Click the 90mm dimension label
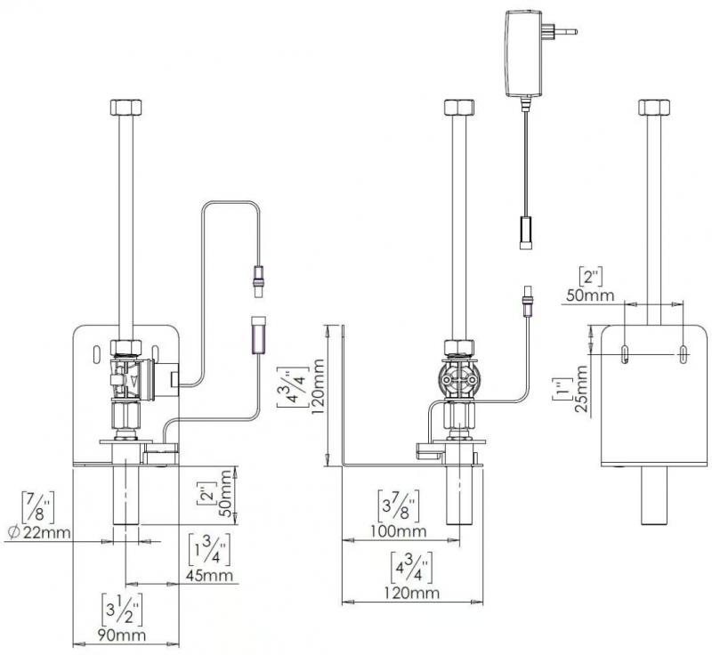[123, 635]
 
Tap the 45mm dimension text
[209, 575]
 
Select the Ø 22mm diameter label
[39, 532]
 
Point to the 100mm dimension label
[399, 530]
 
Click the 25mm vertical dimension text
[581, 389]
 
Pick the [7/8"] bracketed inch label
[38, 506]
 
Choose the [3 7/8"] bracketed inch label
[398, 505]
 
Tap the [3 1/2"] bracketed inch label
[122, 610]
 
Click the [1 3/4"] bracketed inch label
[209, 550]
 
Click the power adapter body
[523, 53]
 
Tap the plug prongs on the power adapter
[561, 31]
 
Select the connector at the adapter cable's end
[525, 232]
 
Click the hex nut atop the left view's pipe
[126, 107]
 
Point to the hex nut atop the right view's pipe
[654, 107]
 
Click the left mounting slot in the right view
[626, 354]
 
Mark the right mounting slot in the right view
[683, 354]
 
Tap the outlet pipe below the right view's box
[654, 496]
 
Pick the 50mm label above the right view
[590, 295]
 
